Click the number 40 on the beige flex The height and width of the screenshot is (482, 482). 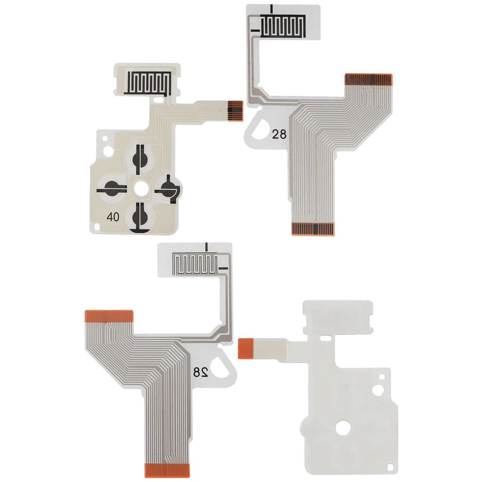coord(113,217)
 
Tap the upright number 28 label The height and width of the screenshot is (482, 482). coord(279,134)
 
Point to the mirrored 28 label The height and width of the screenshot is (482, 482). coord(201,372)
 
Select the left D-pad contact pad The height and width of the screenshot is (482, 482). coord(111,188)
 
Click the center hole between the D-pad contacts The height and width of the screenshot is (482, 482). coord(140,187)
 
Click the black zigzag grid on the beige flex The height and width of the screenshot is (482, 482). coord(147,83)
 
